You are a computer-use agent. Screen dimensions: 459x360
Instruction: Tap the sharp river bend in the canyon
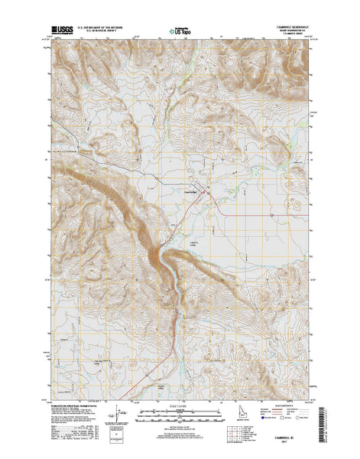(x=160, y=252)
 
